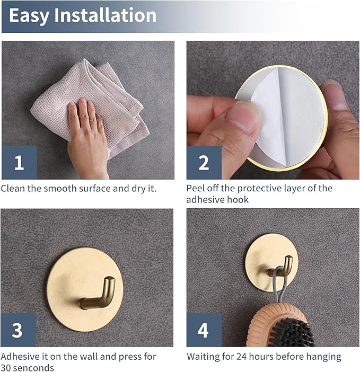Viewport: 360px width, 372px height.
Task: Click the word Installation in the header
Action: click(x=105, y=15)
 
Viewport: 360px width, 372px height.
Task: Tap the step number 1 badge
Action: click(x=19, y=163)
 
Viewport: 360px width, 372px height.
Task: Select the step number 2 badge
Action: click(x=204, y=163)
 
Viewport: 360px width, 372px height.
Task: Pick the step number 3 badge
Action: click(x=18, y=330)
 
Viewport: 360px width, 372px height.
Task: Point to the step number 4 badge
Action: click(x=204, y=330)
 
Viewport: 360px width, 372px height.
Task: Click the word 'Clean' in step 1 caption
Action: click(x=13, y=188)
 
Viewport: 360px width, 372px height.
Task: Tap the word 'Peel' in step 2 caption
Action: click(x=195, y=188)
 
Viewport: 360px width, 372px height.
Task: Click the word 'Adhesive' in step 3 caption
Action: click(x=20, y=357)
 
